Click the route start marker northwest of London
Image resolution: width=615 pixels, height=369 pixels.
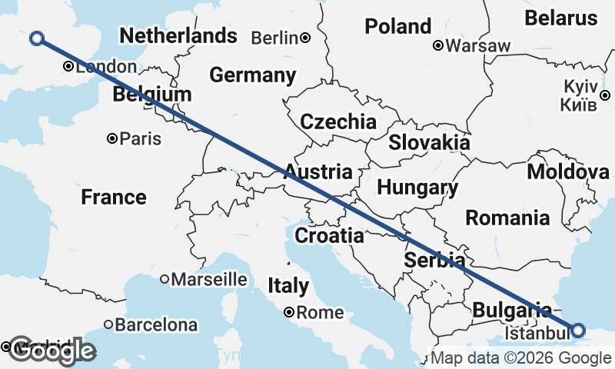tap(36, 38)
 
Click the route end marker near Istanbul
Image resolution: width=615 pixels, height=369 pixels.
tap(578, 331)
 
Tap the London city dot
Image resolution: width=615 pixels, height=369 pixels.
tap(68, 67)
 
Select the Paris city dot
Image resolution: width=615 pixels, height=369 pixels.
tap(112, 138)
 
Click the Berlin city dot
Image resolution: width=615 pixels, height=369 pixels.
tap(305, 38)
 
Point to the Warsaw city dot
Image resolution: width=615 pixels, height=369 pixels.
tap(438, 45)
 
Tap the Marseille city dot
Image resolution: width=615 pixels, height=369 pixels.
tap(165, 279)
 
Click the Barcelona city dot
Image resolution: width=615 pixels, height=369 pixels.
tap(108, 324)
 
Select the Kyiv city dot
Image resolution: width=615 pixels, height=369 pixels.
tap(606, 95)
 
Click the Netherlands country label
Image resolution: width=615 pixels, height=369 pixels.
tap(178, 35)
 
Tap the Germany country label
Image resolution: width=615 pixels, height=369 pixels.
tap(253, 75)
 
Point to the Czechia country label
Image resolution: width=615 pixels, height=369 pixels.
tap(338, 121)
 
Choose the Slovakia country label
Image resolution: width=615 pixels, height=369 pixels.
tap(429, 142)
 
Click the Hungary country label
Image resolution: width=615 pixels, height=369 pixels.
tap(417, 188)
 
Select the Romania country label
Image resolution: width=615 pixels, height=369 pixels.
tap(507, 218)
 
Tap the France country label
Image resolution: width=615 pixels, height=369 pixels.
tap(114, 198)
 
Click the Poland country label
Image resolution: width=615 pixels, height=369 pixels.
tap(397, 26)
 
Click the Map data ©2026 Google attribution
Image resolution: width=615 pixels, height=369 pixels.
tap(520, 358)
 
